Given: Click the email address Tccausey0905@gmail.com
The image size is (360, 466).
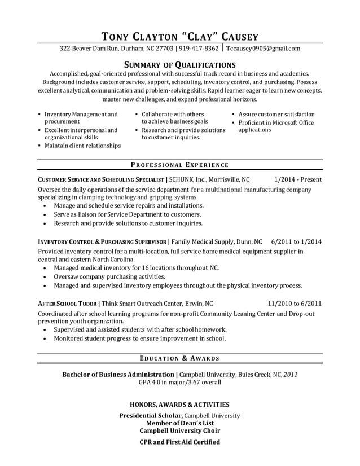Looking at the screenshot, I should pyautogui.click(x=263, y=49).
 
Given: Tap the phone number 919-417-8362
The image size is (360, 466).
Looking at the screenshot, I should pyautogui.click(x=199, y=49).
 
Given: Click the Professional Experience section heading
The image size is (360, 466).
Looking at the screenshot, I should pyautogui.click(x=179, y=165).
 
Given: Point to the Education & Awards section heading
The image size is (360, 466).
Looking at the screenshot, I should pyautogui.click(x=179, y=358).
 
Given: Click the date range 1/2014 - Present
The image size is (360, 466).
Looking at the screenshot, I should pyautogui.click(x=297, y=179).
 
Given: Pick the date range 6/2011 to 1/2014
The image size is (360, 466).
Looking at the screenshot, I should pyautogui.click(x=296, y=241).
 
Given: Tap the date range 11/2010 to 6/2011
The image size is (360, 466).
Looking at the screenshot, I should pyautogui.click(x=295, y=302).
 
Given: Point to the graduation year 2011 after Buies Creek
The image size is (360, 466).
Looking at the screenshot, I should pyautogui.click(x=291, y=374).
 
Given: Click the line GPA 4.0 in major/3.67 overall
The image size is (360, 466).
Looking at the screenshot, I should pyautogui.click(x=179, y=382).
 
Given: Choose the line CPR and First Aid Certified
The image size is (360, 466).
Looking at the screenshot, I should pyautogui.click(x=179, y=442).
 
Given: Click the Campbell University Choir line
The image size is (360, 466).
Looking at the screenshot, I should pyautogui.click(x=179, y=430).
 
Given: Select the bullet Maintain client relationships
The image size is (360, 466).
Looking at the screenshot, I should pyautogui.click(x=82, y=146).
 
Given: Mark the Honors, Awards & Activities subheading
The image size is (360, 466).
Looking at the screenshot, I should pyautogui.click(x=179, y=405).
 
